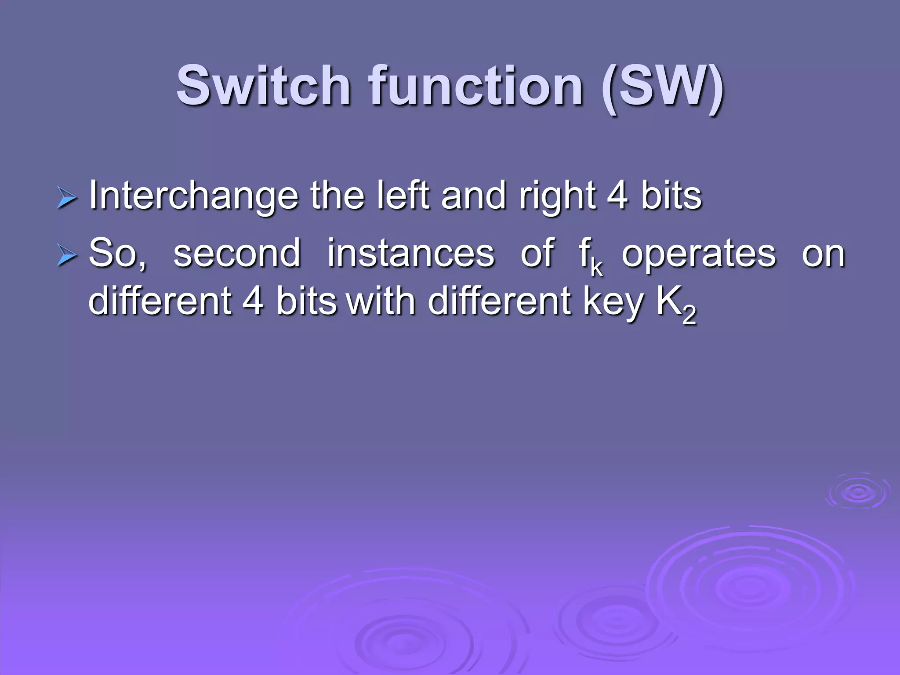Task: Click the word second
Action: [x=237, y=254]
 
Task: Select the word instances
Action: [x=411, y=254]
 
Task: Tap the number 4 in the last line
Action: [x=253, y=301]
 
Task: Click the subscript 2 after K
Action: [x=689, y=315]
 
